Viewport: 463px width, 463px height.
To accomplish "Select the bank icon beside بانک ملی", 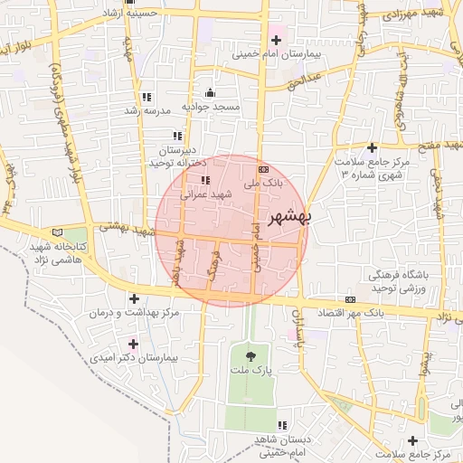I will coord(263,169).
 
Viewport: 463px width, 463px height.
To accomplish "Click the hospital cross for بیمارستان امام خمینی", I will coord(277,41).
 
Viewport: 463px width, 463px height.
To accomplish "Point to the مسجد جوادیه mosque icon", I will coord(211,92).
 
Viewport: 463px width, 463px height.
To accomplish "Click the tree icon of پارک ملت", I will coord(250,352).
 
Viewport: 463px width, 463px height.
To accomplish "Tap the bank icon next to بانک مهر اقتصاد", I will coord(350,299).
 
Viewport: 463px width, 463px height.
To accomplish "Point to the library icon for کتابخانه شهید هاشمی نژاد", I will coord(59,231).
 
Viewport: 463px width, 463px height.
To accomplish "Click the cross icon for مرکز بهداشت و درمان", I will coord(134,298).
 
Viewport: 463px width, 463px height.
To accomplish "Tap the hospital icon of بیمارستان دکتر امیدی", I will coord(134,344).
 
